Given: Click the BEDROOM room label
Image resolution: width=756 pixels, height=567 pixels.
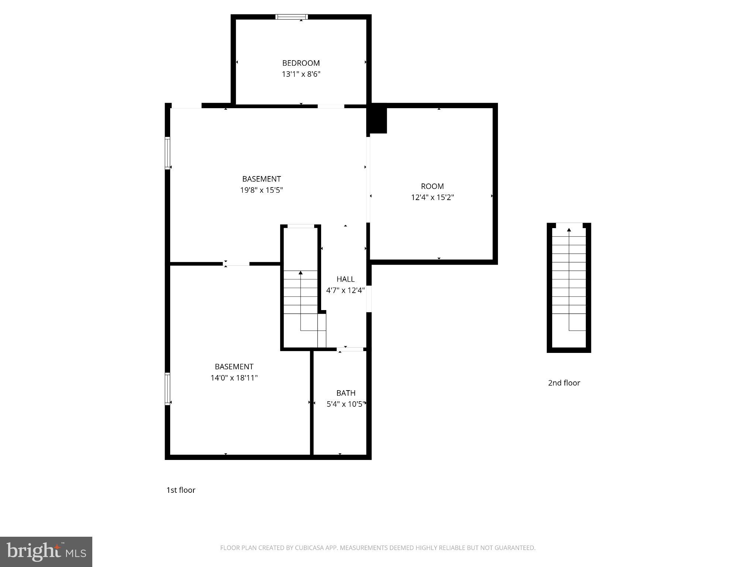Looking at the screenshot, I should (301, 63).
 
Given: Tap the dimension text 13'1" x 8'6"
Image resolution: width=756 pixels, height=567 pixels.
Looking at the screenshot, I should (301, 74).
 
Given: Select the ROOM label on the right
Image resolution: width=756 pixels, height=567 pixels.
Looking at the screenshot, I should (432, 186).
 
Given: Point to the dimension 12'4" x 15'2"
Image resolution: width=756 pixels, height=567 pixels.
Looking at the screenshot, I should (432, 197).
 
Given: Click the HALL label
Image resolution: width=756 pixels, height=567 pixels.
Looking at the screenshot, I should (345, 279).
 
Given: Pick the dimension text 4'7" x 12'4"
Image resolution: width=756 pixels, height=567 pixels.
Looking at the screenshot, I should (345, 291).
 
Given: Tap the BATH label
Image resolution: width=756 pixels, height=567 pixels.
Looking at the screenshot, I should (346, 393).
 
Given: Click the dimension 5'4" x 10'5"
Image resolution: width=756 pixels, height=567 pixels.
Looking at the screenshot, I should (346, 404).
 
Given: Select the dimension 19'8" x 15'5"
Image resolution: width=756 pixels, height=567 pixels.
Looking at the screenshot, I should (261, 190).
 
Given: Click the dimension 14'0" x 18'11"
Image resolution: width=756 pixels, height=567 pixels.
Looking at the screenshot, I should (234, 378).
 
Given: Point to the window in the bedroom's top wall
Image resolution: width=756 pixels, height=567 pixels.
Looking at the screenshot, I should (292, 17).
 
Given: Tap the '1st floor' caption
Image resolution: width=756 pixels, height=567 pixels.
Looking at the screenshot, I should (181, 490).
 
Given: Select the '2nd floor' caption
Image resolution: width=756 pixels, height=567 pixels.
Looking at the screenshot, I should (564, 383).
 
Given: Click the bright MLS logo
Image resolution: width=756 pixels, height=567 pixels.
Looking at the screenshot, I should (46, 551).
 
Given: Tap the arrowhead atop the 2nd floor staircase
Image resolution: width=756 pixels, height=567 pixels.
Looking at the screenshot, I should (569, 230).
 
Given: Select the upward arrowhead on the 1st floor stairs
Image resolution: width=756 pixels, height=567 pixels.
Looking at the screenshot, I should (300, 273).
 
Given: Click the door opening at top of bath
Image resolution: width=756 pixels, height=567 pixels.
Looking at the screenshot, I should (350, 349).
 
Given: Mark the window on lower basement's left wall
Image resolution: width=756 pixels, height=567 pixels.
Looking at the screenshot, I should (167, 389).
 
